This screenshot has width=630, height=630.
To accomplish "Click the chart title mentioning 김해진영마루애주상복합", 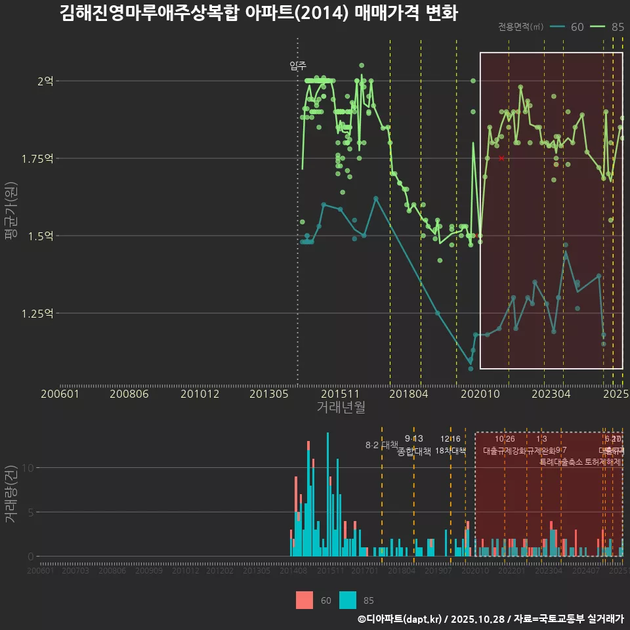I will [x=258, y=13].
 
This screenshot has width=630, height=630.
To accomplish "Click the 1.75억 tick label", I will [x=41, y=158].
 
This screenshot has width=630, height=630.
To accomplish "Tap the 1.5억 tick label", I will [x=43, y=236].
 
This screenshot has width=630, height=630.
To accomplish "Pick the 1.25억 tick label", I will [x=41, y=313].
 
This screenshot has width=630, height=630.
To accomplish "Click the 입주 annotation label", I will [x=297, y=66].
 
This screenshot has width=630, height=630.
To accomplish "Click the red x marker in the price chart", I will [x=501, y=158].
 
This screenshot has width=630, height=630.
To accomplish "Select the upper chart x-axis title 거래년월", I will [x=341, y=407].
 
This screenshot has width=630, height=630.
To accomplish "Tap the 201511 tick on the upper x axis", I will [x=340, y=394].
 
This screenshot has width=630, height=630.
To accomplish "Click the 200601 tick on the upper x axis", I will [x=60, y=394].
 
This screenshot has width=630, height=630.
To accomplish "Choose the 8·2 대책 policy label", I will [x=381, y=445].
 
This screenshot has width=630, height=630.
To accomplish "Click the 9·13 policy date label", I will [x=413, y=438].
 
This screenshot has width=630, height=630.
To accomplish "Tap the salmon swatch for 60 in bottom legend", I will [x=304, y=600].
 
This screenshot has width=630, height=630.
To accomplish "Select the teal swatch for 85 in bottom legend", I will [x=348, y=600].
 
